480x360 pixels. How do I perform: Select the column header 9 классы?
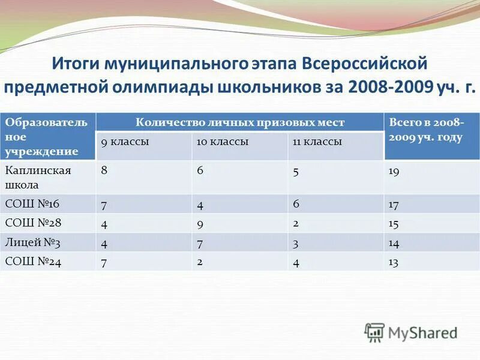(125, 142)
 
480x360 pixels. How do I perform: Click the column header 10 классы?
(223, 142)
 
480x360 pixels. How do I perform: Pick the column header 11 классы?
(317, 142)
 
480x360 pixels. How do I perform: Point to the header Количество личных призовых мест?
(240, 122)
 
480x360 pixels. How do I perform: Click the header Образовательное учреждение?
(47, 137)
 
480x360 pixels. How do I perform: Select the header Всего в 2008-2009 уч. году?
(426, 130)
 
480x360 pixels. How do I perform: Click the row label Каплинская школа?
(38, 177)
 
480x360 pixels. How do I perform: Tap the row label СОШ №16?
(32, 204)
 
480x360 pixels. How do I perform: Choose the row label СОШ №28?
(33, 223)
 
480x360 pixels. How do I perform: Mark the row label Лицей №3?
(33, 242)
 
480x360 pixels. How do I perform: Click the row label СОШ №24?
(33, 262)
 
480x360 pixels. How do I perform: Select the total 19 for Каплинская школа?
(394, 171)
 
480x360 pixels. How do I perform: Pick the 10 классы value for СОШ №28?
(200, 223)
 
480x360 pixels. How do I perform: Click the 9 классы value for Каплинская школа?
(104, 170)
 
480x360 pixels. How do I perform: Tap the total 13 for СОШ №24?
(394, 262)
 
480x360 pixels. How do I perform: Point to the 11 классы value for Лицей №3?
(296, 242)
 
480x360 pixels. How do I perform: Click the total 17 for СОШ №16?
(394, 204)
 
